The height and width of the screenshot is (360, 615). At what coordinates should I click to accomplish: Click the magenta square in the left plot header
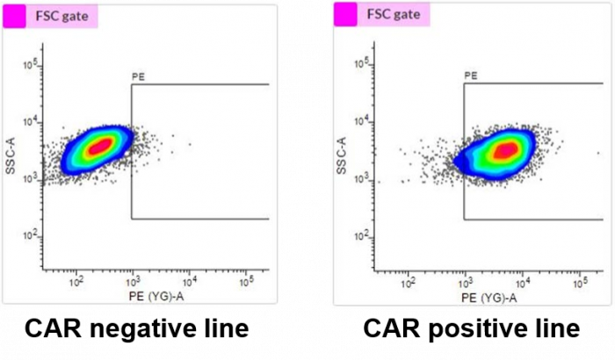[14, 15]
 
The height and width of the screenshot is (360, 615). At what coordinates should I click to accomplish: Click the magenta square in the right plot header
[346, 15]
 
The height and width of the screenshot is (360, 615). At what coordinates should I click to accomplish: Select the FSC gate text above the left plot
[61, 15]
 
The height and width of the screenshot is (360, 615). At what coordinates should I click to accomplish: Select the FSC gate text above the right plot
[393, 15]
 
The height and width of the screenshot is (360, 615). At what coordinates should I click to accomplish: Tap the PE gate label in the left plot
[138, 77]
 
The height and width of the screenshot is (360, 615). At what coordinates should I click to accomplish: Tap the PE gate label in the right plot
[470, 77]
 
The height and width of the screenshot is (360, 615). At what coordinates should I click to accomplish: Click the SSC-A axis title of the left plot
[11, 155]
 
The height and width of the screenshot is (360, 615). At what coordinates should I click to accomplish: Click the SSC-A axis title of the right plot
[343, 155]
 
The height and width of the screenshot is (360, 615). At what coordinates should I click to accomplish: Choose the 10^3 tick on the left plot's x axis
[133, 283]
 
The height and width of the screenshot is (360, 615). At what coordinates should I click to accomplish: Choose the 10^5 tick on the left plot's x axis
[246, 283]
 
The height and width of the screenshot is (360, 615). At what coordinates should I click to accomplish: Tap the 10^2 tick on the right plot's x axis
[408, 283]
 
